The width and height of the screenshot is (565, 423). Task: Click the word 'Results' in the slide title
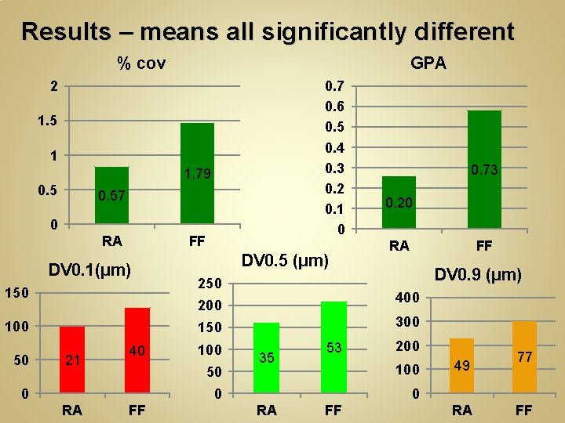(67, 31)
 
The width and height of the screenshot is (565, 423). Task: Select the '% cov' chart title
(141, 63)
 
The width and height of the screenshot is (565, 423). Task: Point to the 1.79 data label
(196, 174)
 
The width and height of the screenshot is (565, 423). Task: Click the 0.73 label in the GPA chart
(484, 170)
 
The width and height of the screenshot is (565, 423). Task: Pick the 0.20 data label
(399, 204)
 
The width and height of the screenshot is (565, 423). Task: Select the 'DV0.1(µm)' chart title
(89, 270)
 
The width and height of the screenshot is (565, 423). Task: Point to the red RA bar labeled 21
(72, 376)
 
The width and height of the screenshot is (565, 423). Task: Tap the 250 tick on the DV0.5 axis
(210, 283)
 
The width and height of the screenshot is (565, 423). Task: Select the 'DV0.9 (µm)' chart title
(478, 274)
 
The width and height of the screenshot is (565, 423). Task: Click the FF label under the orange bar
(523, 410)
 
